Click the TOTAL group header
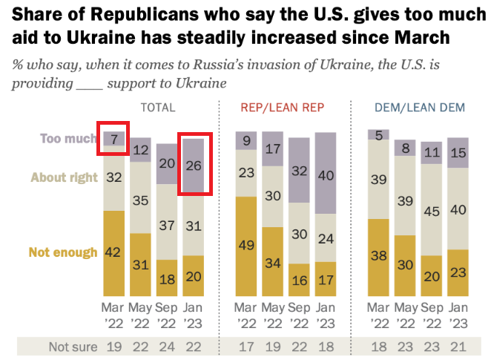click(x=158, y=108)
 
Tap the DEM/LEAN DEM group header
click(x=420, y=108)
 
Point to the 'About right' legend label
click(x=64, y=177)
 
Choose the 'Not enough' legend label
click(x=62, y=252)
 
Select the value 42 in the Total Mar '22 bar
click(x=113, y=252)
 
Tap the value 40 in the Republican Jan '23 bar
click(x=325, y=176)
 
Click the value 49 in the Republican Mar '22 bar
click(x=246, y=246)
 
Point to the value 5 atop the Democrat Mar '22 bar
click(x=380, y=134)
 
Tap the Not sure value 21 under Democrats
click(x=458, y=347)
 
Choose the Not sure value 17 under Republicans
click(x=246, y=347)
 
